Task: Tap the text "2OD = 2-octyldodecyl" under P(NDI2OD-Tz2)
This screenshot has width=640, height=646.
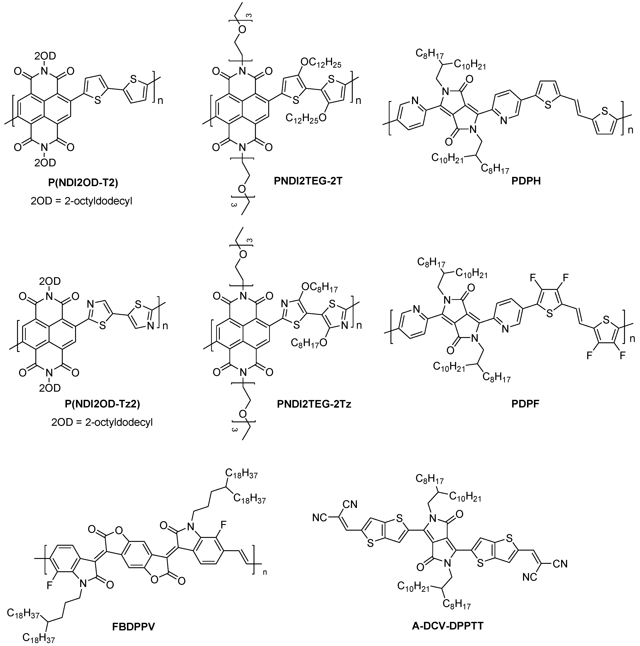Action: pos(102,422)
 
